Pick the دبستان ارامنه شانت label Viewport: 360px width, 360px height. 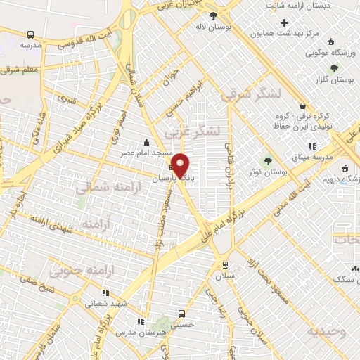point(316,5)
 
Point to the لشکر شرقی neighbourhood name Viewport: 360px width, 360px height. point(251,95)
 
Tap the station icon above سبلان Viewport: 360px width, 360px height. point(224,265)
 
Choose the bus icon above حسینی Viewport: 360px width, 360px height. point(182,314)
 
